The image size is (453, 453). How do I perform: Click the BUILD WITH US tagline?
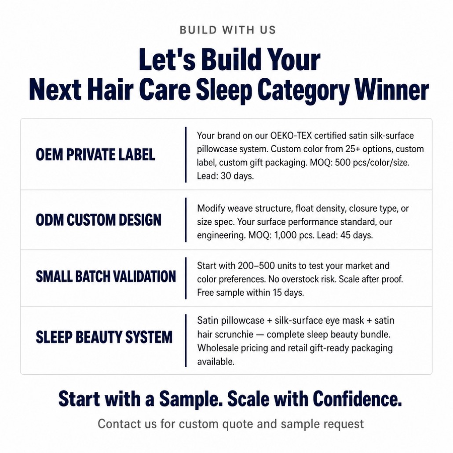click(228, 30)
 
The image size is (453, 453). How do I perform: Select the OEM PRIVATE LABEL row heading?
click(95, 154)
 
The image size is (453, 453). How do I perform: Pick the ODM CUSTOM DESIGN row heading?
click(99, 220)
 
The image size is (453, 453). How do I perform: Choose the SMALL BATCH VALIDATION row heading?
click(106, 277)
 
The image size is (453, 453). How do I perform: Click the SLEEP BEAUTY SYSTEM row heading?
click(104, 337)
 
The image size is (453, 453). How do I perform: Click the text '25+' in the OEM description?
click(353, 149)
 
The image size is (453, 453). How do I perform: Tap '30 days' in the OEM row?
click(237, 176)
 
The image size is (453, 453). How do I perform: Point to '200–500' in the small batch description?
click(252, 266)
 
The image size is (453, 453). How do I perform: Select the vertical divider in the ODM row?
click(186, 220)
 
